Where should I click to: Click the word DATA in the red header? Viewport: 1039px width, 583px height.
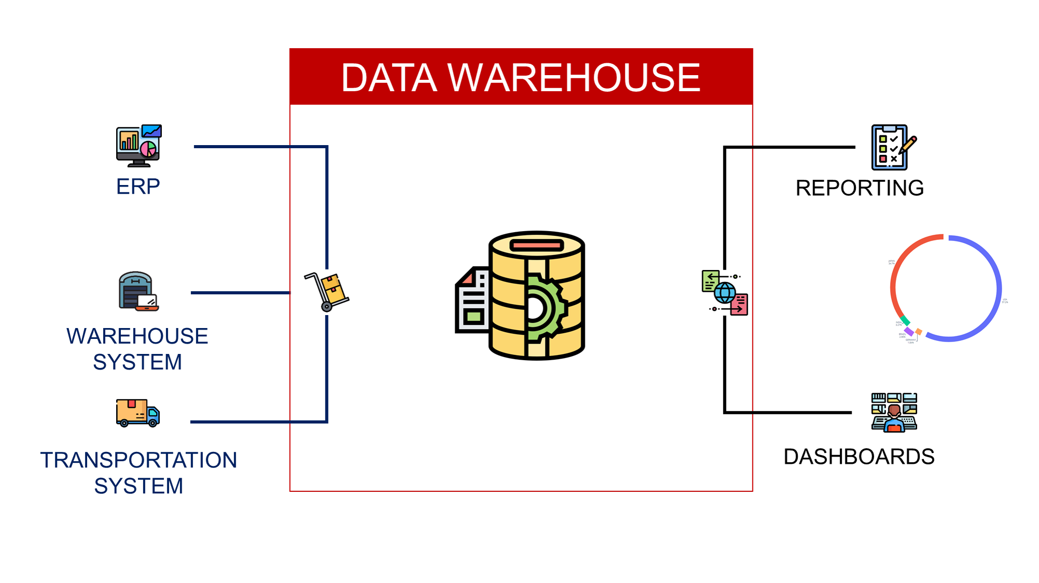point(389,78)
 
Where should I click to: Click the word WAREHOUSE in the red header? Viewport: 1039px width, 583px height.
point(574,78)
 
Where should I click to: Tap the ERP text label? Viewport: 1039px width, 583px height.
point(138,187)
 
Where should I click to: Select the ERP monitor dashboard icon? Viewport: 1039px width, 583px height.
point(138,146)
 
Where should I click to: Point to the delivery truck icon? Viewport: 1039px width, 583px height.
point(137,413)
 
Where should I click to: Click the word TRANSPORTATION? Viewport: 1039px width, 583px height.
point(139,460)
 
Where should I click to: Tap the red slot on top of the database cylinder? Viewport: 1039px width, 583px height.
point(537,245)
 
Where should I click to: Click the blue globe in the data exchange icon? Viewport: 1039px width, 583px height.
point(725,293)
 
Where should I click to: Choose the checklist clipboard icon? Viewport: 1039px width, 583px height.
point(889,148)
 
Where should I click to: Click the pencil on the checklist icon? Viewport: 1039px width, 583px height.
point(908,146)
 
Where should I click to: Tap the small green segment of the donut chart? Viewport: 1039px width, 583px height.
point(905,321)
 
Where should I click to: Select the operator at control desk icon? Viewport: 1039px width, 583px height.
point(894,413)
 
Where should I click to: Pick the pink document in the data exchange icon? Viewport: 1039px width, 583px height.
point(739,305)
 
